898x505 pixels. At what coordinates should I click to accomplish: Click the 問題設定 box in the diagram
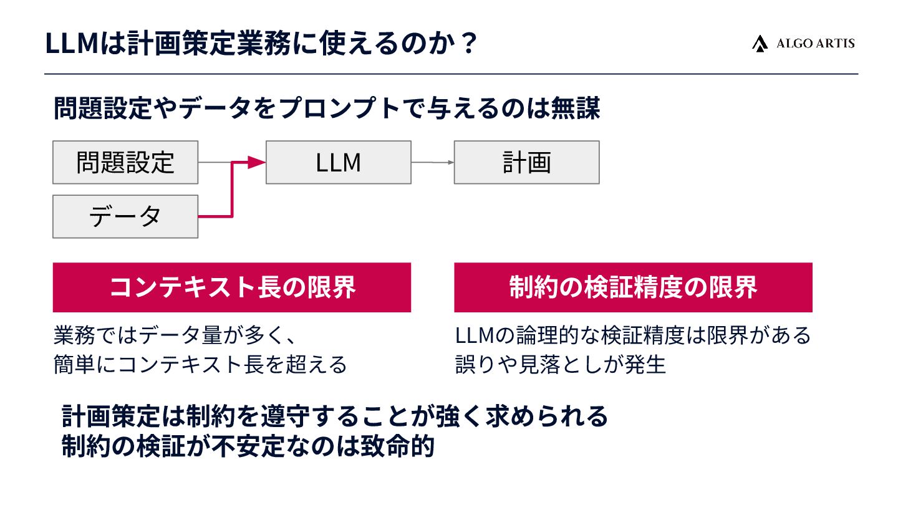click(125, 162)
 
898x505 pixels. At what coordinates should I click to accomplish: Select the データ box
click(125, 216)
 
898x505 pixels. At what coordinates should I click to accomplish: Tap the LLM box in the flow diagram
click(339, 162)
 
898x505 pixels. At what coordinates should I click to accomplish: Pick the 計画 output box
click(526, 162)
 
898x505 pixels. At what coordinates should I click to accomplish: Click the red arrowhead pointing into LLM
click(256, 163)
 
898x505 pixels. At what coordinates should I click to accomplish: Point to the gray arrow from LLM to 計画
click(432, 163)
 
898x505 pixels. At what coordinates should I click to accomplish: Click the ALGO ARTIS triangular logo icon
click(760, 43)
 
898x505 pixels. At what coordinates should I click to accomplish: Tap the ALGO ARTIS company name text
click(815, 43)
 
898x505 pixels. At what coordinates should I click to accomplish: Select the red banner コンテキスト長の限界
click(232, 287)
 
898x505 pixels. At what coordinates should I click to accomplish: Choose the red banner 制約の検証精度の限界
click(633, 287)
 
